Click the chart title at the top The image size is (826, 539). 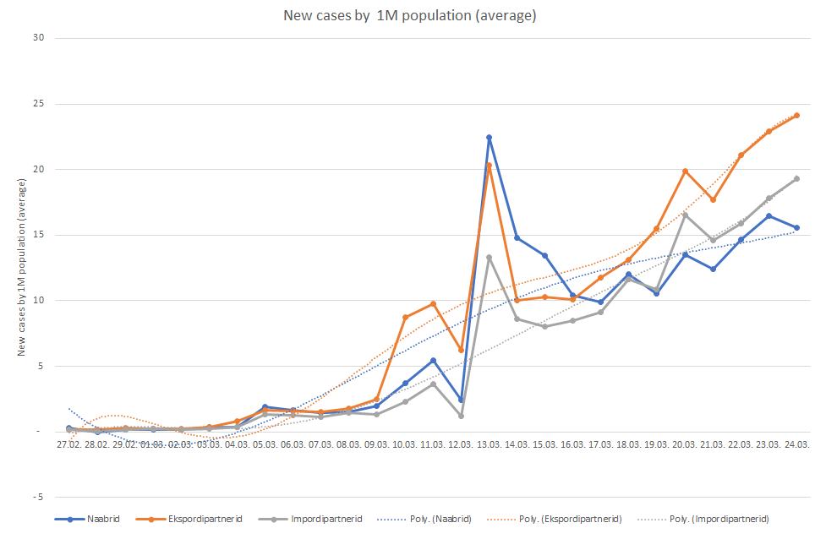pos(411,15)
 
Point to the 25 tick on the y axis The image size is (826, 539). pos(39,104)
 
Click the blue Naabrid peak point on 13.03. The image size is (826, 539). pos(489,138)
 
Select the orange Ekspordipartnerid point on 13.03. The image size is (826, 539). pos(489,166)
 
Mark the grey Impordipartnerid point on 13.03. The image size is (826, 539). pos(489,257)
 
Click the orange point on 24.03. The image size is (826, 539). pos(796,116)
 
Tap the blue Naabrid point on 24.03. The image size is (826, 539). pos(796,227)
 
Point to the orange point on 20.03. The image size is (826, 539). pos(685,171)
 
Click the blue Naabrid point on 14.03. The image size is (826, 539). pos(517,238)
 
